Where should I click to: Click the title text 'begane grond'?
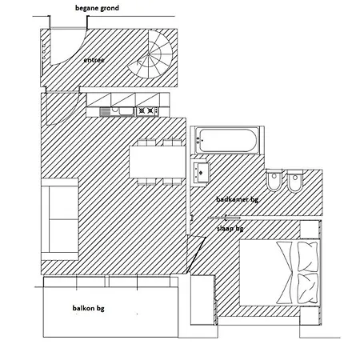97,8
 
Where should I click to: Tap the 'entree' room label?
94,60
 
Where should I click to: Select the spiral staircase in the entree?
150,54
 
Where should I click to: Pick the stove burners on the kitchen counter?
147,110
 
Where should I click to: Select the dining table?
158,162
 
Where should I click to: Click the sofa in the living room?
60,219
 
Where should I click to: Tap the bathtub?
227,140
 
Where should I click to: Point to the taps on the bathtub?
199,140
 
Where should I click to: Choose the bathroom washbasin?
201,173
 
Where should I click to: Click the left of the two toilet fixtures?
274,181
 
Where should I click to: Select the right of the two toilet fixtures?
294,181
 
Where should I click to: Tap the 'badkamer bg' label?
237,199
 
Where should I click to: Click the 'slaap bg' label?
230,229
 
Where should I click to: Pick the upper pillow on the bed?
308,257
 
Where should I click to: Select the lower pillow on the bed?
308,288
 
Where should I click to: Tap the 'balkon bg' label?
88,308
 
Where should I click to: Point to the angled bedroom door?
196,254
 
